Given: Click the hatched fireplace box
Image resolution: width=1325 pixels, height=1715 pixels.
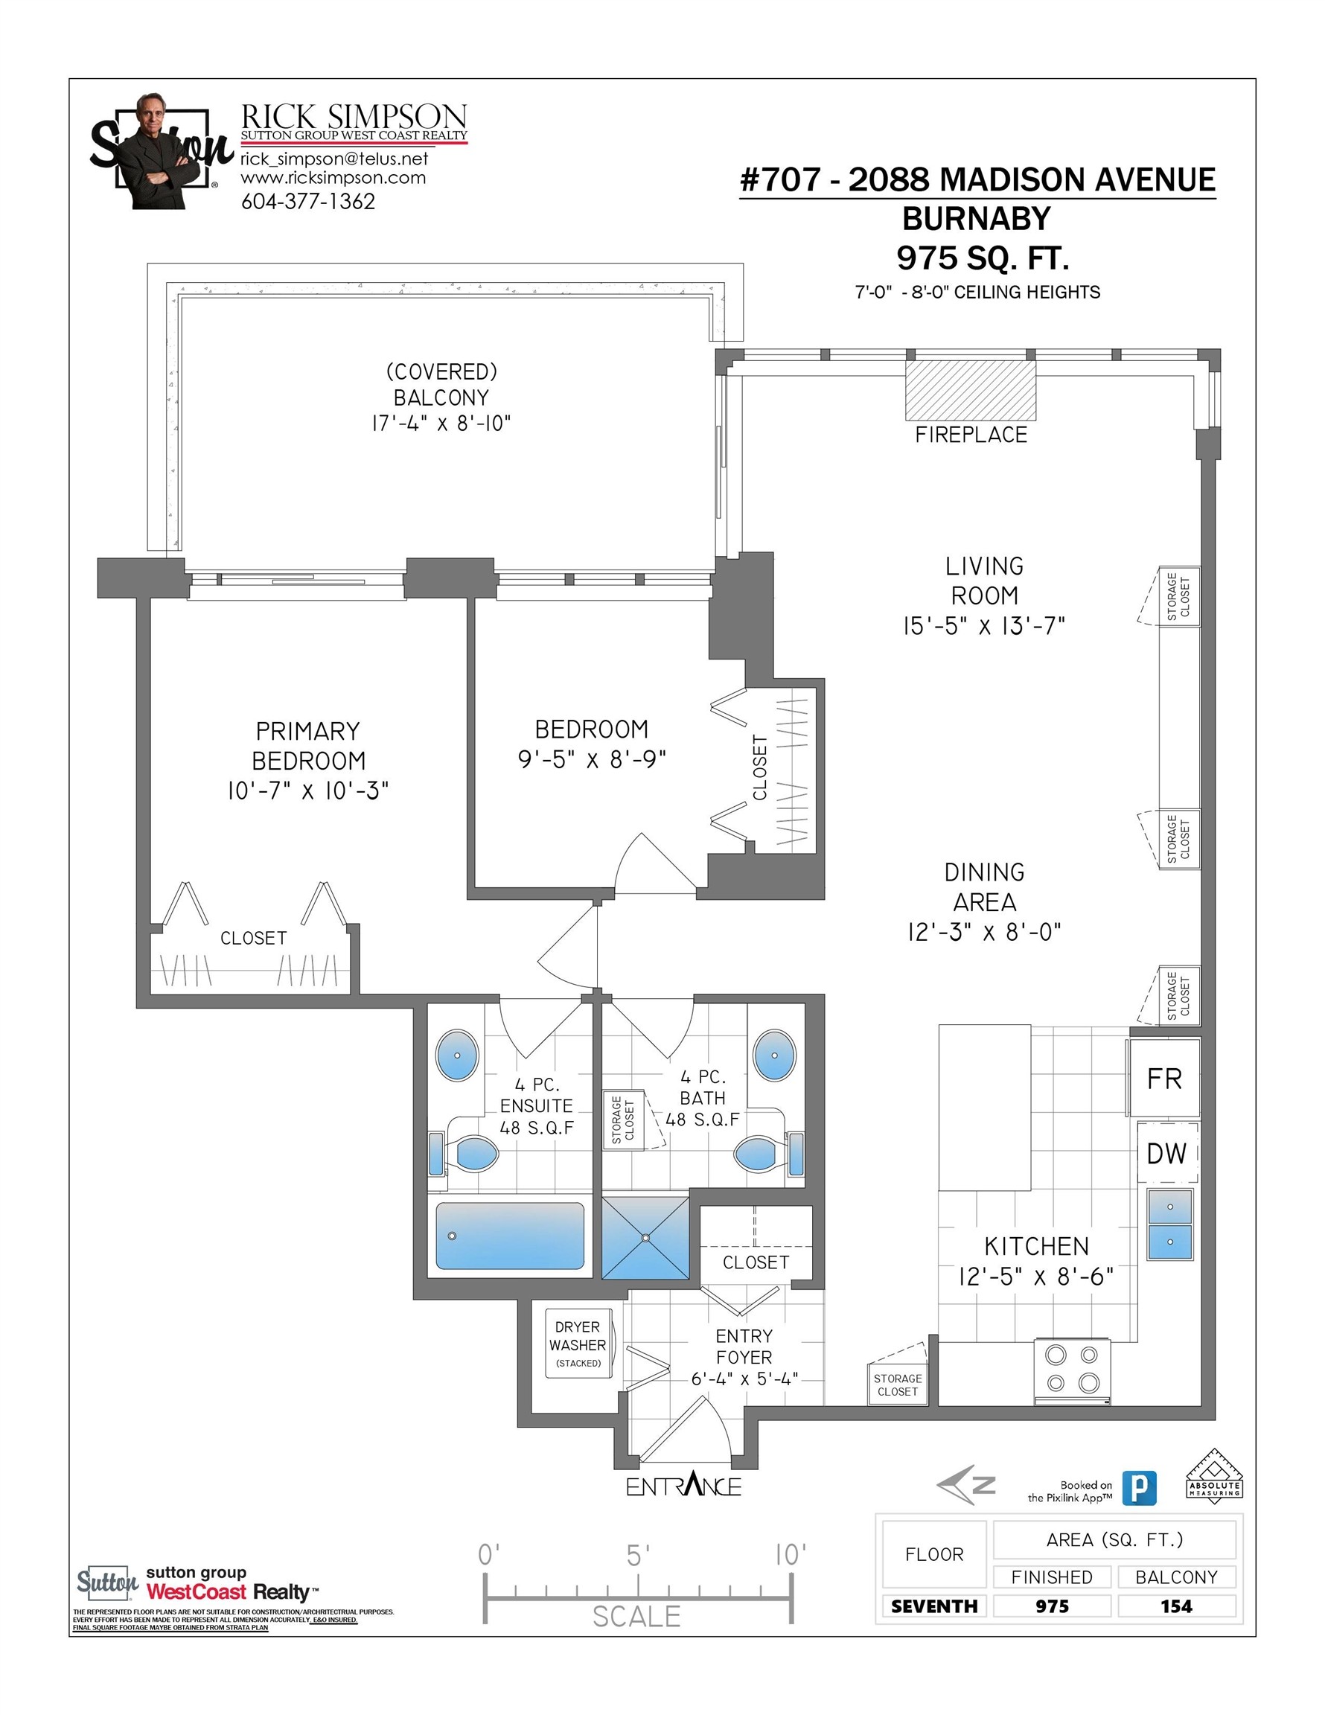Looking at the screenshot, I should click(x=970, y=390).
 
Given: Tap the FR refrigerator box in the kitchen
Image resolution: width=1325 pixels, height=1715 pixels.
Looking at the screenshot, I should click(x=1164, y=1078).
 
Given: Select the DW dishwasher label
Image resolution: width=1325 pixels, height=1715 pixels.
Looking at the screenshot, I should click(x=1166, y=1154).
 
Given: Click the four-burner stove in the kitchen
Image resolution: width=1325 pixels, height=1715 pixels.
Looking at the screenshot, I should click(x=1072, y=1371).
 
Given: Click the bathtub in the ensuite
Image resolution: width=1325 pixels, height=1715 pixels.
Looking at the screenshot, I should click(x=510, y=1235).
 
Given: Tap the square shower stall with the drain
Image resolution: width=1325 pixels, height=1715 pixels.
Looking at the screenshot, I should click(x=645, y=1238).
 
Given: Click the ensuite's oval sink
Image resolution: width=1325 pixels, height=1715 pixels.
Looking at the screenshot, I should click(x=457, y=1055).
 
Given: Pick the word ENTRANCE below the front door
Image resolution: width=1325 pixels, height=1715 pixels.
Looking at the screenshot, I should click(x=683, y=1486).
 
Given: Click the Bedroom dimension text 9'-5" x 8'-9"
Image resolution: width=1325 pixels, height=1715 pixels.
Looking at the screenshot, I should click(x=592, y=759).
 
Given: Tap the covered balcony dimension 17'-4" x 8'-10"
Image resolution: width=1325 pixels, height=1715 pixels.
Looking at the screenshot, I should click(x=441, y=424).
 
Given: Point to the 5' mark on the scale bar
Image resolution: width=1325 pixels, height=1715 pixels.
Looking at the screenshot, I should click(x=638, y=1556).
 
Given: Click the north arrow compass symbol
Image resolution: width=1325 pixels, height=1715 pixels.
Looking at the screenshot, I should click(x=967, y=1484).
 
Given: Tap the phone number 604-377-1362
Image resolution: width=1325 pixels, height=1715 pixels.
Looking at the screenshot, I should click(x=308, y=202).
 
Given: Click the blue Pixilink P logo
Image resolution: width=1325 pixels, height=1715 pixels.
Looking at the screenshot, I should click(x=1139, y=1487).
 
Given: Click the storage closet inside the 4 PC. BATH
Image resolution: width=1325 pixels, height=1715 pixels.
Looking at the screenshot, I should click(x=623, y=1120).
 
